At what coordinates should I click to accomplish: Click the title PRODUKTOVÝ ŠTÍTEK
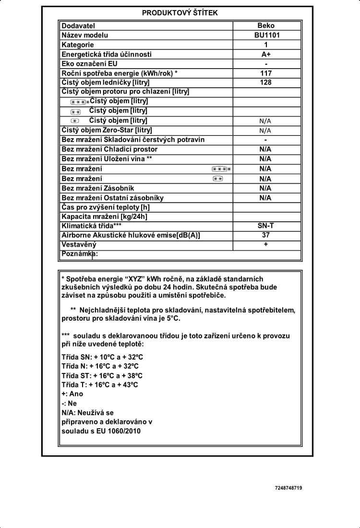180,13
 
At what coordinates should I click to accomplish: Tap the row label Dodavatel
78,25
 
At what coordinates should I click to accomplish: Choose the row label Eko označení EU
90,64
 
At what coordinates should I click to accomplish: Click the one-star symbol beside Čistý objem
75,121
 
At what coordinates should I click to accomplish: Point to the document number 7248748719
288,488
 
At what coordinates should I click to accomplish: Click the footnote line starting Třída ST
102,375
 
